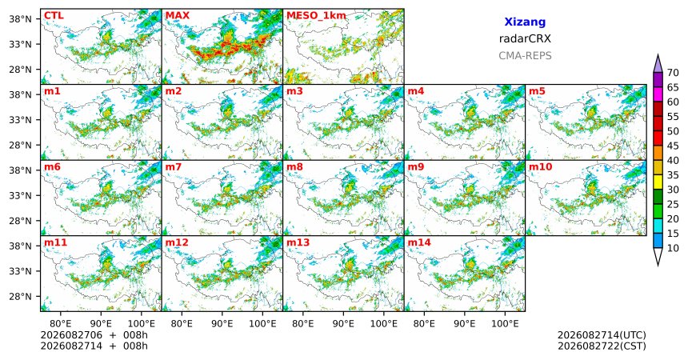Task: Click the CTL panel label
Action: (54, 16)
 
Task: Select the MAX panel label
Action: (178, 16)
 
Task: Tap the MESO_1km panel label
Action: (316, 16)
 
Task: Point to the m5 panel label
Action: (537, 91)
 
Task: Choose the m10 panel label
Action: (540, 167)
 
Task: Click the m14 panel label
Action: (419, 242)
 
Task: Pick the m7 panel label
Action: (174, 167)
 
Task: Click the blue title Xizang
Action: (525, 22)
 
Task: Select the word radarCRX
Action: (525, 38)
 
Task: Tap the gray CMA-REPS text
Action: (525, 56)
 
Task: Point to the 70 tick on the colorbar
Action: (673, 73)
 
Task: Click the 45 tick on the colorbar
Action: (673, 146)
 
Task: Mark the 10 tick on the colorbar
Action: (673, 248)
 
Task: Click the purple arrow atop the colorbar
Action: (658, 64)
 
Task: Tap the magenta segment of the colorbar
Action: (658, 94)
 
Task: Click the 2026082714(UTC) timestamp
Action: (602, 335)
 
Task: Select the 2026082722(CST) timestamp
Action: (602, 346)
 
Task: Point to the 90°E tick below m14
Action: (465, 324)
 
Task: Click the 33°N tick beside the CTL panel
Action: (20, 44)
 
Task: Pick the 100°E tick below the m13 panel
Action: (383, 324)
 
